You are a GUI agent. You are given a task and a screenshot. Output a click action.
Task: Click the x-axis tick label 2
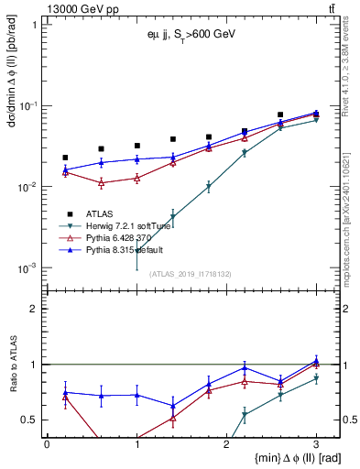(x=227, y=442)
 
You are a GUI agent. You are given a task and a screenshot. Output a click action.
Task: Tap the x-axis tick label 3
(x=316, y=442)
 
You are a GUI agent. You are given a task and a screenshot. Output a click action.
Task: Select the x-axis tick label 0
(x=47, y=442)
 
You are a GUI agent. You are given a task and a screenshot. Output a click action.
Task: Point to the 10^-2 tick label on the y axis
(x=29, y=187)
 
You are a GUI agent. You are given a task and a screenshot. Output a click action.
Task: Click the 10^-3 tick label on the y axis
(x=29, y=268)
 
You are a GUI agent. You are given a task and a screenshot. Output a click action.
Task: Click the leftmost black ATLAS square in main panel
(x=65, y=158)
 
